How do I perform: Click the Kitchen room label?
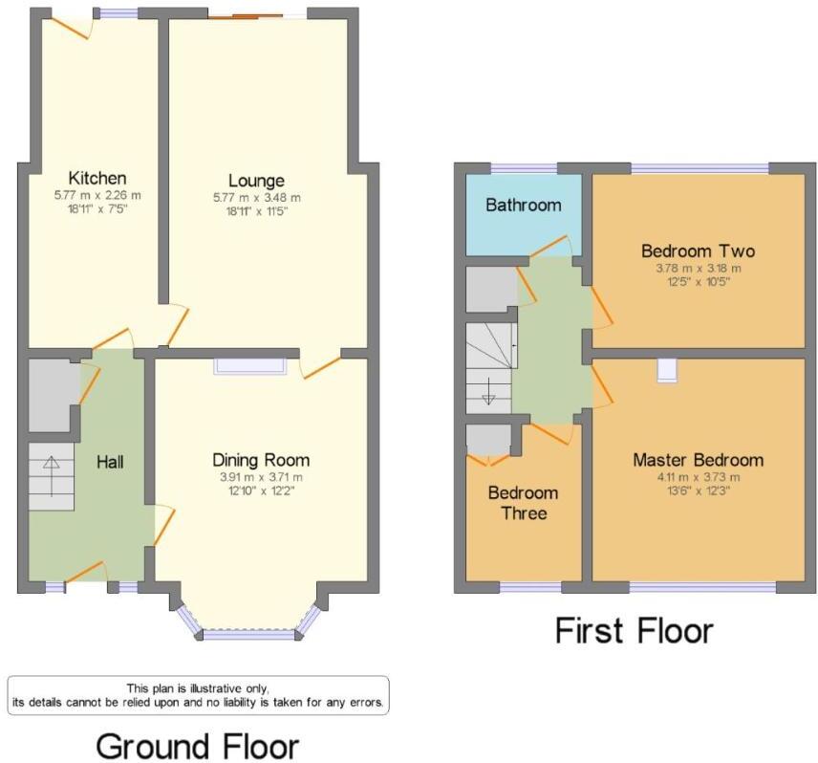(x=97, y=178)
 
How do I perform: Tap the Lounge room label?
(x=256, y=180)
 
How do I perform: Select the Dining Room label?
(x=261, y=460)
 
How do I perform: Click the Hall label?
(x=111, y=462)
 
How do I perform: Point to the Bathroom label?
(x=524, y=205)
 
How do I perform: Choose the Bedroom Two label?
(x=698, y=251)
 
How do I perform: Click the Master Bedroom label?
(x=698, y=460)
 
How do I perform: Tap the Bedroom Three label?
(x=524, y=503)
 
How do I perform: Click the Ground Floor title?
(x=198, y=746)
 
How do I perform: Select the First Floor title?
(x=635, y=631)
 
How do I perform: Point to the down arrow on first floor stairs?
(x=487, y=392)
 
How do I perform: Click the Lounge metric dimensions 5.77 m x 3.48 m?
(x=256, y=198)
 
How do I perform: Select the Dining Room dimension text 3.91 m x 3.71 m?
(x=261, y=478)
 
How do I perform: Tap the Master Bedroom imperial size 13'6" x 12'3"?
(x=698, y=490)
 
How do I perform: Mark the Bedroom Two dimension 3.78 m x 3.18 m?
(x=698, y=268)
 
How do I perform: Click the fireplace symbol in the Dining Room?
(x=250, y=366)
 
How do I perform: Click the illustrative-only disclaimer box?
(x=198, y=695)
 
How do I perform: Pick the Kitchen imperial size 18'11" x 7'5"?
(x=97, y=207)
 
